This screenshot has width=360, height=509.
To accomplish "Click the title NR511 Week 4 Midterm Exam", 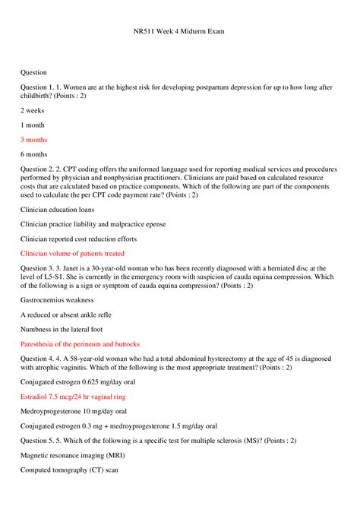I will pos(179,33).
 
